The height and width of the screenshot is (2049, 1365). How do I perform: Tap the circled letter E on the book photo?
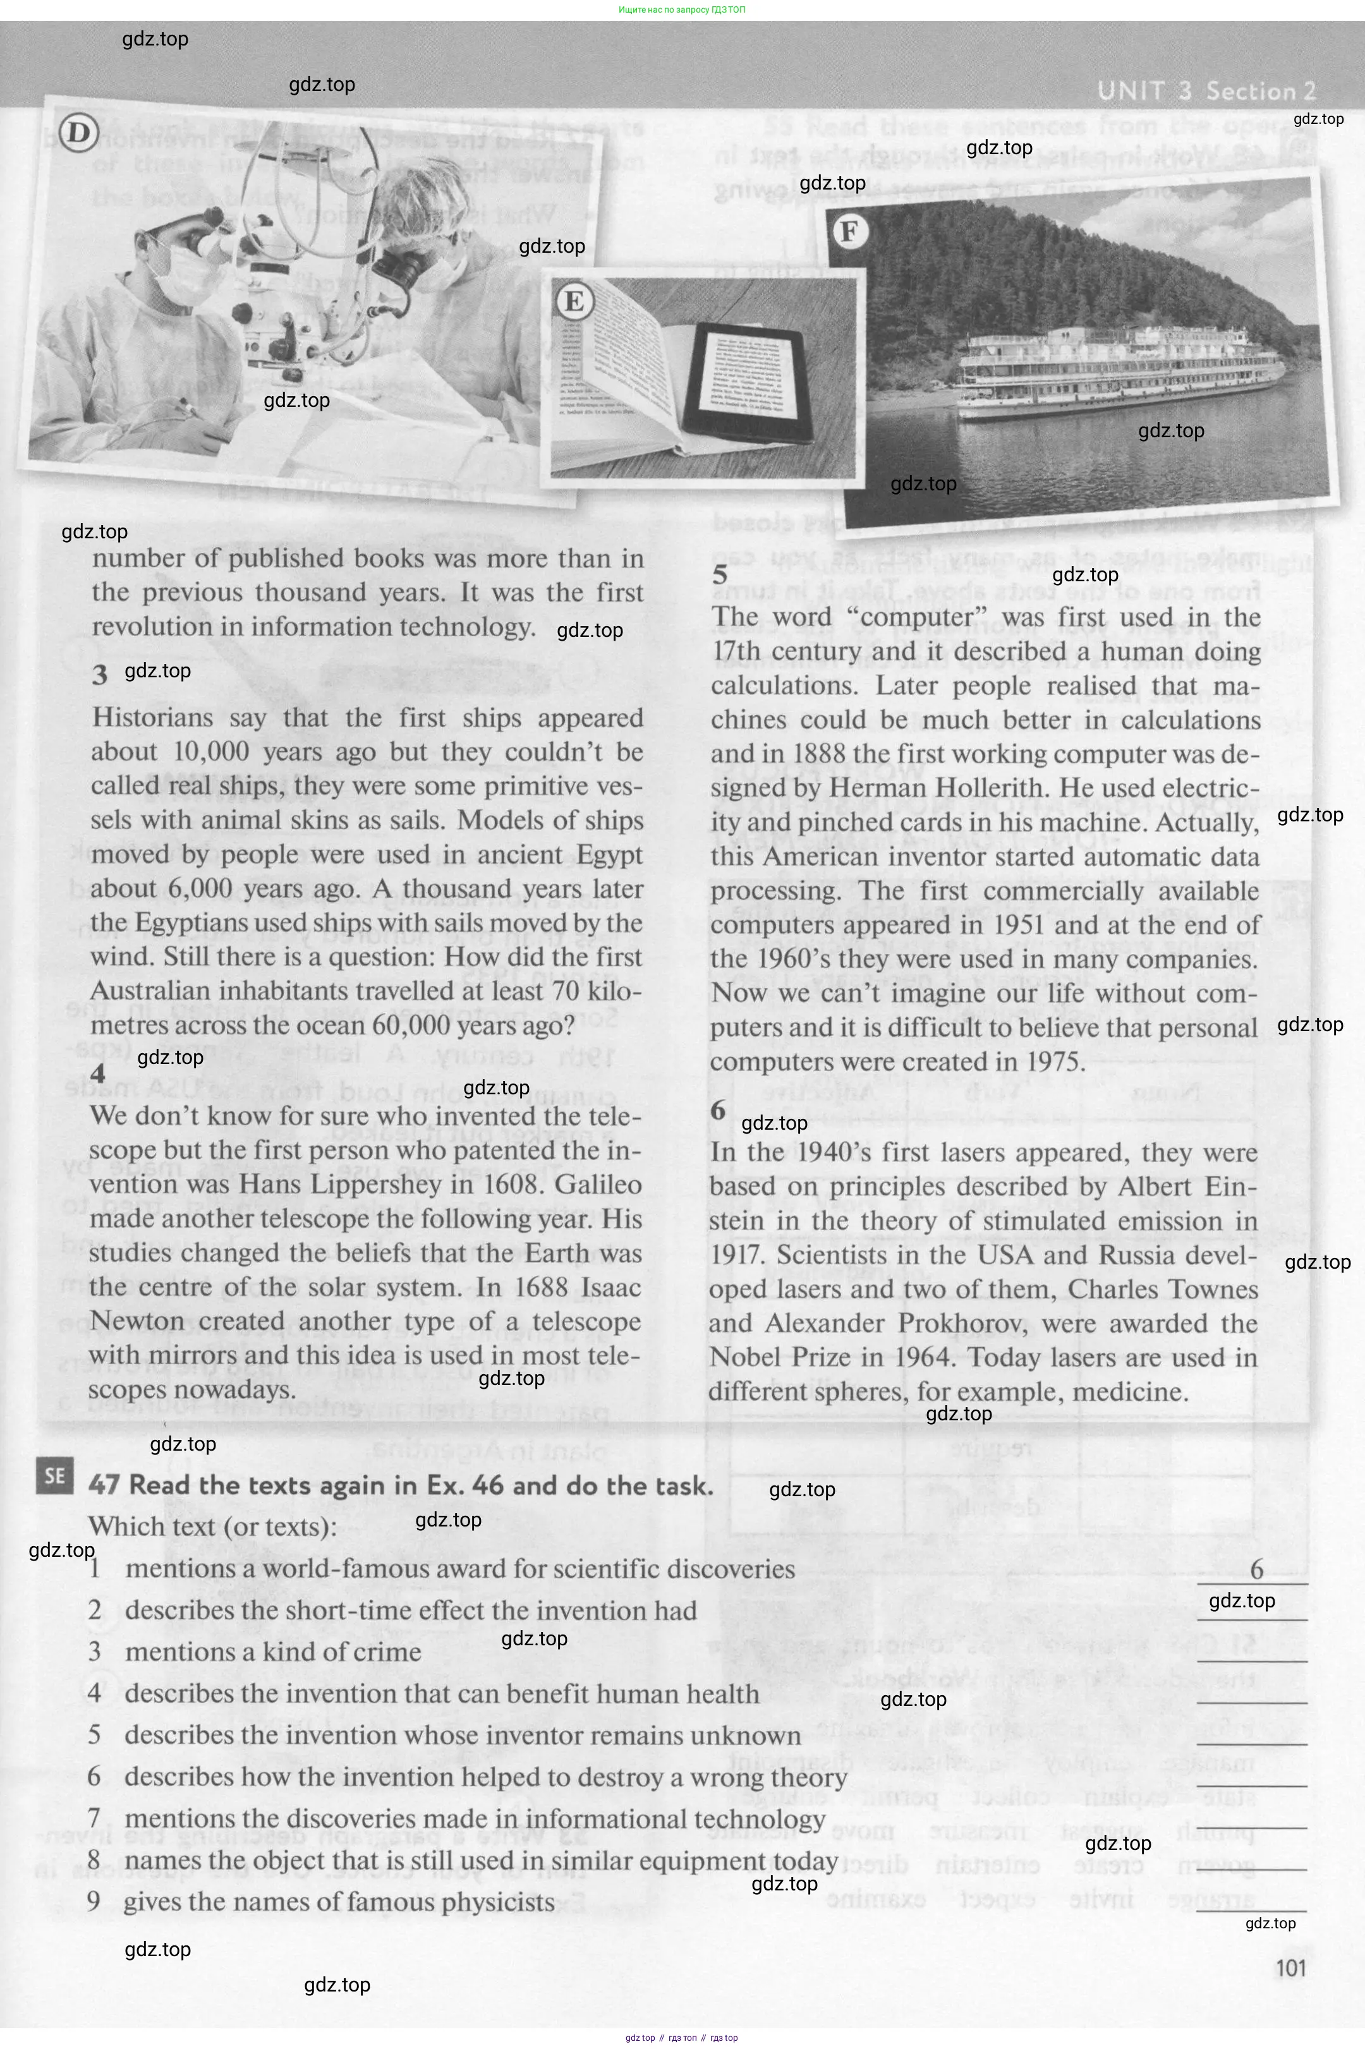tap(574, 301)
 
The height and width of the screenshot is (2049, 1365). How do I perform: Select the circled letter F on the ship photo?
tap(849, 231)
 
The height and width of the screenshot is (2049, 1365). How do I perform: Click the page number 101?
tap(1290, 1968)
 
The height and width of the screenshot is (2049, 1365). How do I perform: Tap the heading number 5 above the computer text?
tap(720, 574)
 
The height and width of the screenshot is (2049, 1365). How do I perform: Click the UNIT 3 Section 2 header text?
tap(1206, 90)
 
